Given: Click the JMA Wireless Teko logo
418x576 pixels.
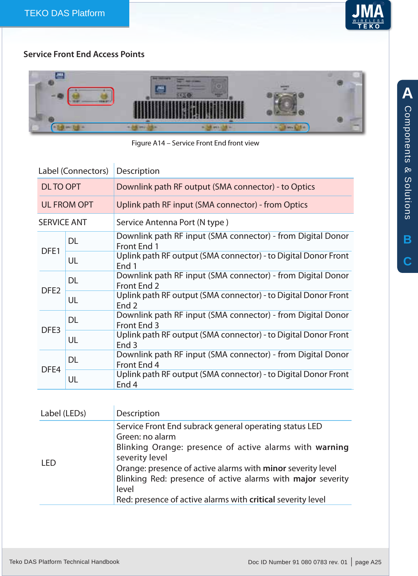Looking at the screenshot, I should [368, 15].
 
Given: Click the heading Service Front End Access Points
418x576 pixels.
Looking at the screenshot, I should [84, 54].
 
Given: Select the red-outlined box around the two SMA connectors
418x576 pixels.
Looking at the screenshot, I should [91, 96].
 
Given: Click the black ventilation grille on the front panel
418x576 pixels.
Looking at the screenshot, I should [189, 110].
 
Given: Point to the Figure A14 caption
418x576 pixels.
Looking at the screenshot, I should [195, 143].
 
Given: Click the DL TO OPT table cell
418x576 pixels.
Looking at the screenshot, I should [61, 187].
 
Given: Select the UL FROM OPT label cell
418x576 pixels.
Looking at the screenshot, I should [67, 205].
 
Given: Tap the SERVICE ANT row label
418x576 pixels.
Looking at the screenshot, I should [63, 222].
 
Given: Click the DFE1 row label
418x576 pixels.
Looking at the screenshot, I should [51, 251].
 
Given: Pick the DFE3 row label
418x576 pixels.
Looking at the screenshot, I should [51, 330].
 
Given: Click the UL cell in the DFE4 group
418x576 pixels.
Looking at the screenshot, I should [73, 380].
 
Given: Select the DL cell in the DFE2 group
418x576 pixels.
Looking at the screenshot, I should [73, 280].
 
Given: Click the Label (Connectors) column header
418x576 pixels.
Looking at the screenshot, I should [73, 171].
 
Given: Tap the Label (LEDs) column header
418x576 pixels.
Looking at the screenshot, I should [63, 413].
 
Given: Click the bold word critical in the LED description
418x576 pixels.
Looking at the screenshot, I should [262, 500].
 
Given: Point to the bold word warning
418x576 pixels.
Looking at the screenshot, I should [332, 447].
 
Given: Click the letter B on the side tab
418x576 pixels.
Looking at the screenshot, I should [407, 240].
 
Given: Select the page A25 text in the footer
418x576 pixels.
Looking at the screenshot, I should [368, 562].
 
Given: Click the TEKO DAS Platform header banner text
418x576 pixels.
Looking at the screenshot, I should [65, 13].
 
